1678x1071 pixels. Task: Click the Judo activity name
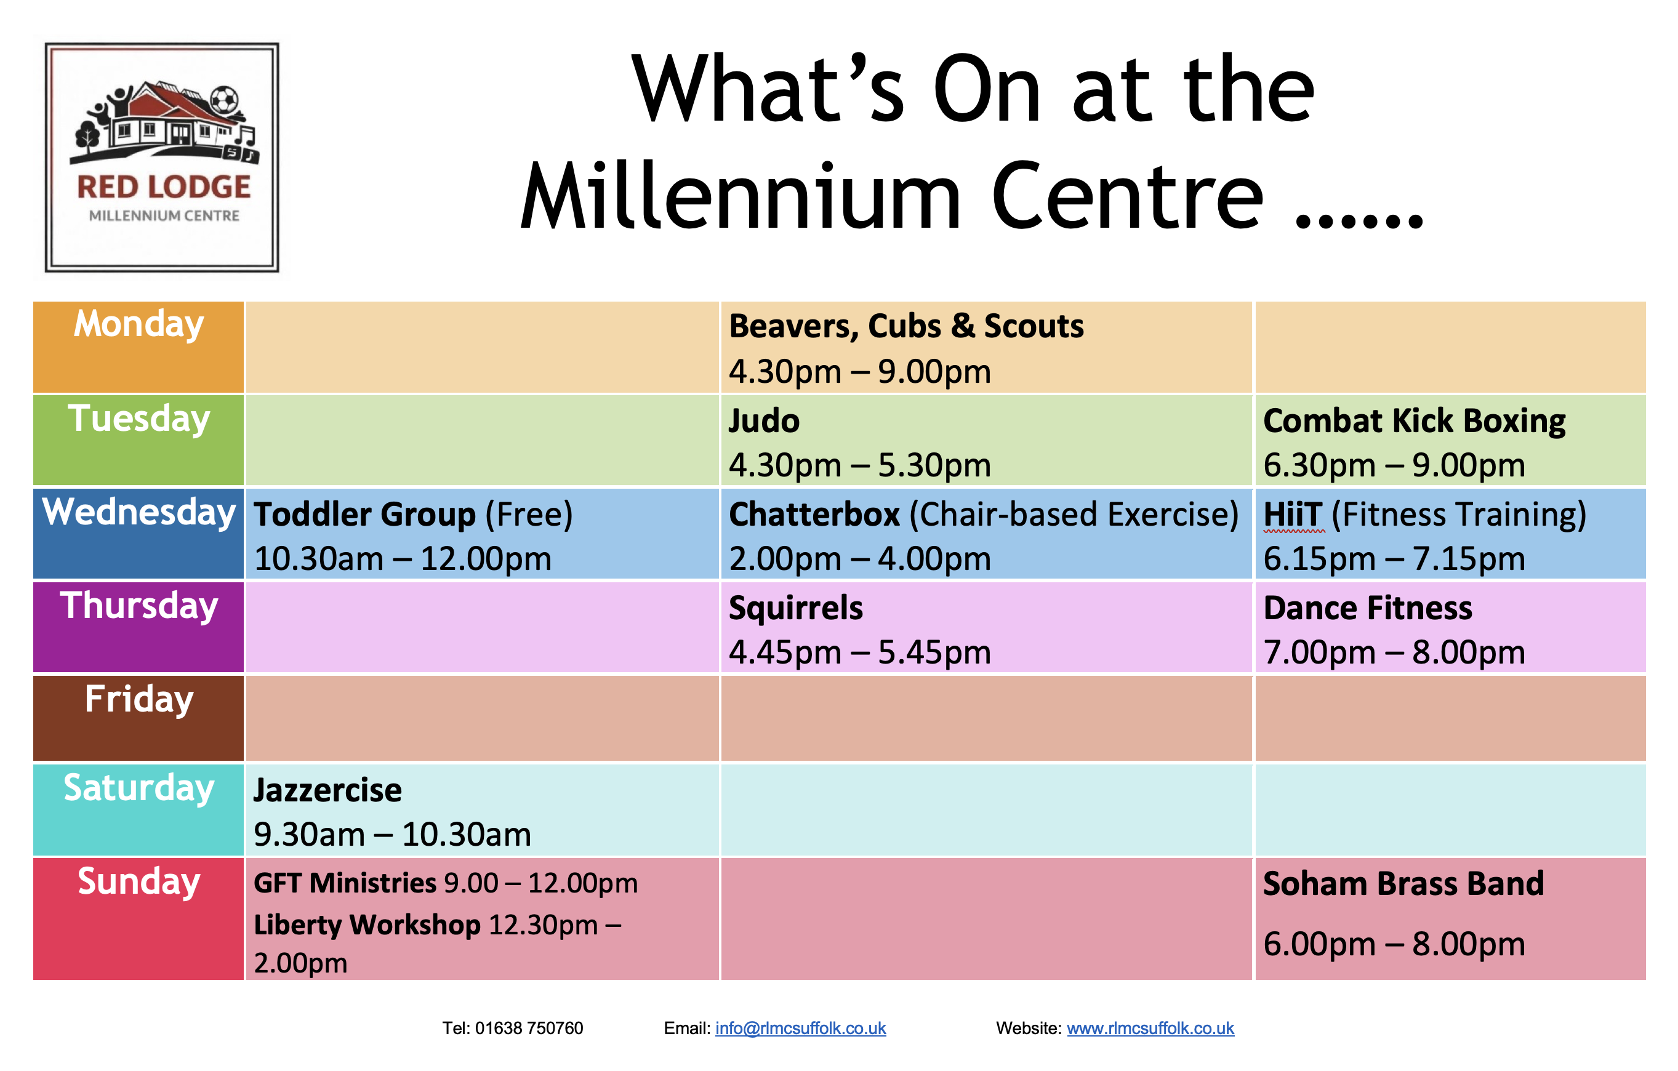tap(764, 422)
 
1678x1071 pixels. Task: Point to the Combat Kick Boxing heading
tap(1414, 422)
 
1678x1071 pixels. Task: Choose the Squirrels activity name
tap(796, 608)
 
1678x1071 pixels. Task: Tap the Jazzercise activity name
tap(327, 790)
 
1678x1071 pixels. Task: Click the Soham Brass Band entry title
tap(1403, 883)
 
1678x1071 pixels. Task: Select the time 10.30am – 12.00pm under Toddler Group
tap(403, 559)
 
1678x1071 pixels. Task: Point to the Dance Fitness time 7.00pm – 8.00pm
tap(1394, 653)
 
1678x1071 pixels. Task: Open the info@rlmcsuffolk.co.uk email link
tap(801, 1029)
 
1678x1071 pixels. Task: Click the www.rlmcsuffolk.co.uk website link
tap(1150, 1029)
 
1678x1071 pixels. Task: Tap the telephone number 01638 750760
tap(529, 1029)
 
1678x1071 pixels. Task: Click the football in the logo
tap(225, 100)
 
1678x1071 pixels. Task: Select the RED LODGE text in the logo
tap(164, 187)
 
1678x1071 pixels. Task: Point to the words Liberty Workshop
tap(367, 925)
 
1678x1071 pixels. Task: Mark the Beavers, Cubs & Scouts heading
tap(907, 327)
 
